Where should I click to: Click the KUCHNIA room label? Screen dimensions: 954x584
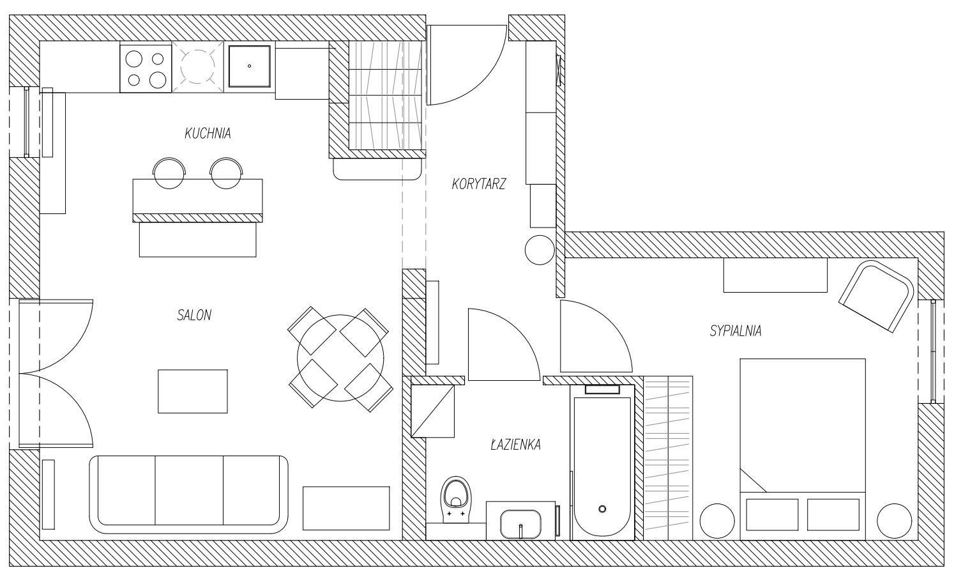[x=208, y=134]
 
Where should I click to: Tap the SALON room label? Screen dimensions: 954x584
[x=194, y=315]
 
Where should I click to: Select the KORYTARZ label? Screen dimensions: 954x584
[x=479, y=184]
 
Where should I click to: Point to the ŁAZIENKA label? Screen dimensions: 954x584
[x=515, y=445]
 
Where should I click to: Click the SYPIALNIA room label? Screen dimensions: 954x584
[x=736, y=331]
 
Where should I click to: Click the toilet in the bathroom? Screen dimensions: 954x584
[x=456, y=500]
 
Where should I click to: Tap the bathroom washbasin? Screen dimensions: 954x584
[x=520, y=524]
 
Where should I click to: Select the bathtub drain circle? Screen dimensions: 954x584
[x=602, y=509]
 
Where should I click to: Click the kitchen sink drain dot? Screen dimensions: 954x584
[x=249, y=66]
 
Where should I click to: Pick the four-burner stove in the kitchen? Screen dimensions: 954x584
[x=146, y=68]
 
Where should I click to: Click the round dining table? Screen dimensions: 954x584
[x=340, y=358]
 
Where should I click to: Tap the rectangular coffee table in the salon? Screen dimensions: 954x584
[x=192, y=391]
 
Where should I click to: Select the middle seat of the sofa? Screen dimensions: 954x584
[x=189, y=490]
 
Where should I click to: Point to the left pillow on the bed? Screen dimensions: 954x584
[x=772, y=514]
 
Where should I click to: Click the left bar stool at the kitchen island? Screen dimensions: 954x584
[x=169, y=173]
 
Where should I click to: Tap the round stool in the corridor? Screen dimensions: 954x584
[x=540, y=250]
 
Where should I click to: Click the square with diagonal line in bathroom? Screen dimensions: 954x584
[x=433, y=411]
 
